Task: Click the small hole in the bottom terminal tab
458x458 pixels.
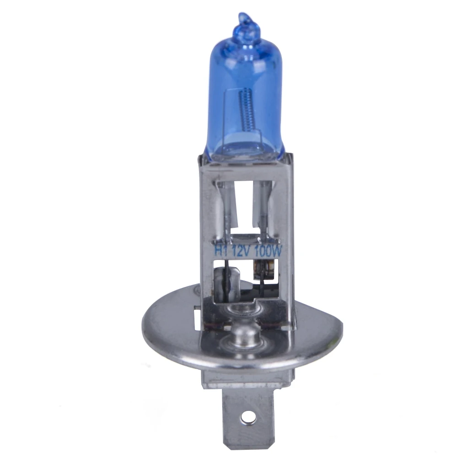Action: pos(248,415)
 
